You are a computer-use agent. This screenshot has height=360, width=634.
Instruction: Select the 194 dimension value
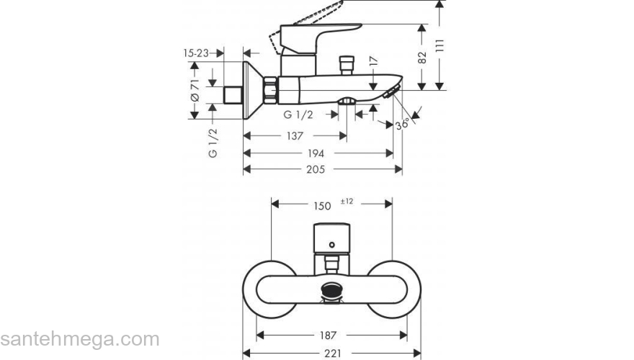click(316, 153)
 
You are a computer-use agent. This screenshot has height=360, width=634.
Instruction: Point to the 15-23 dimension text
click(196, 53)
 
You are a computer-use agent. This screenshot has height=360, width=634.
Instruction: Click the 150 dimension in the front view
click(323, 206)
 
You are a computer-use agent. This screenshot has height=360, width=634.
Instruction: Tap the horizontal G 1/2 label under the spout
click(297, 114)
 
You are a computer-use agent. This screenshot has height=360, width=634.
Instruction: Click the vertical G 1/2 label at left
click(213, 143)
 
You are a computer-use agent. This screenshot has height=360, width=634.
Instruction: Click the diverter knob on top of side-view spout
click(349, 63)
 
